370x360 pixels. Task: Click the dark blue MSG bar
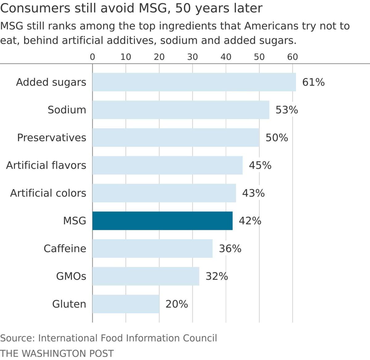(162, 221)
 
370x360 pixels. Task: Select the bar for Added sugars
(194, 82)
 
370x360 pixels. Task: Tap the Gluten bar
(126, 304)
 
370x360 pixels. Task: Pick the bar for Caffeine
(152, 248)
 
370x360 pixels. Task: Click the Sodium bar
(181, 110)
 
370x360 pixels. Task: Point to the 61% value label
(313, 82)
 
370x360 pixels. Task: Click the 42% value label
(250, 221)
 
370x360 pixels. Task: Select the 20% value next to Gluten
(177, 304)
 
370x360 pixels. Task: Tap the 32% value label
(217, 276)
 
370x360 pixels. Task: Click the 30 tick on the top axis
(192, 57)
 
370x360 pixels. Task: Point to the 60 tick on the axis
(292, 57)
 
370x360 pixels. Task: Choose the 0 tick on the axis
(92, 57)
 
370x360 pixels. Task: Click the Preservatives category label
(51, 138)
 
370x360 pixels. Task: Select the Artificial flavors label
(46, 166)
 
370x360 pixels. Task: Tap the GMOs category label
(71, 276)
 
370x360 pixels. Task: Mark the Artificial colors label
(48, 193)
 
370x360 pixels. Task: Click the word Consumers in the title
(35, 8)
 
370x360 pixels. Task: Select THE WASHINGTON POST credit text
(57, 353)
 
